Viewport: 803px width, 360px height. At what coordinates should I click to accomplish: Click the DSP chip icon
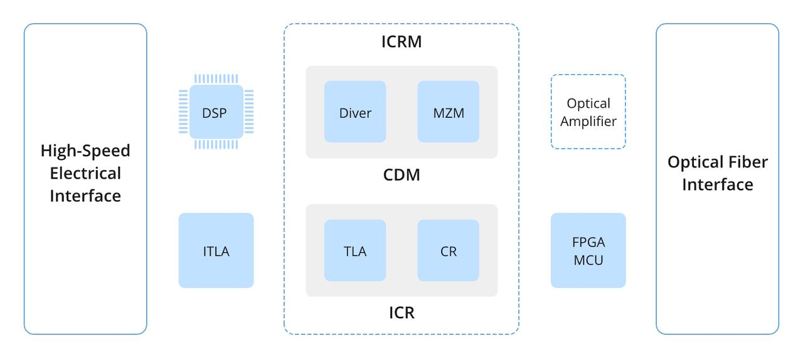coord(216,113)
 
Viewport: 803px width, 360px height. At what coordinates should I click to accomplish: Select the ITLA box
coord(216,251)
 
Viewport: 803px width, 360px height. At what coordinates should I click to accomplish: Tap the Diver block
coord(355,112)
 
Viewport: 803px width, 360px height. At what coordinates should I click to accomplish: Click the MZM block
coord(448,112)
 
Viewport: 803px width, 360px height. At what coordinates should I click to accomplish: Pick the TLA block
coord(355,251)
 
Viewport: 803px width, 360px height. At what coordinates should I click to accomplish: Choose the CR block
coord(448,251)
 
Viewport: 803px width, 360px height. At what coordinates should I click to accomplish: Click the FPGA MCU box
coord(588,251)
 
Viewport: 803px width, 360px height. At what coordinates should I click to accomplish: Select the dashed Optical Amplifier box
coord(588,112)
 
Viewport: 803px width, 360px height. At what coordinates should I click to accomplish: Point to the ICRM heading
coord(401,42)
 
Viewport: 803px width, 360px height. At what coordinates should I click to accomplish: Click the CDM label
coord(401,175)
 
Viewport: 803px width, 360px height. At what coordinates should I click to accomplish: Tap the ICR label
coord(401,312)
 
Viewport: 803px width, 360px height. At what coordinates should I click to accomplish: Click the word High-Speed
coord(85,151)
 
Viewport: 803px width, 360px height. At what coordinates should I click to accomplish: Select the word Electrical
coord(85,173)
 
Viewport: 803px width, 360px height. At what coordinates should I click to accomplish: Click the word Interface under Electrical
coord(85,196)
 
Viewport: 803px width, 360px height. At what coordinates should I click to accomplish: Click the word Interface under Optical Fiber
coord(718,184)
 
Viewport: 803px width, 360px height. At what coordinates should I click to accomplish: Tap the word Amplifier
coord(588,121)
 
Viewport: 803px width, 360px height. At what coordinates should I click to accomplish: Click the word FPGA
coord(588,242)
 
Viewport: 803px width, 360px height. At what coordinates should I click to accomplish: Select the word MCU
coord(588,260)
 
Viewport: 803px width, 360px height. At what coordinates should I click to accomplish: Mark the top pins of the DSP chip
coord(216,79)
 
